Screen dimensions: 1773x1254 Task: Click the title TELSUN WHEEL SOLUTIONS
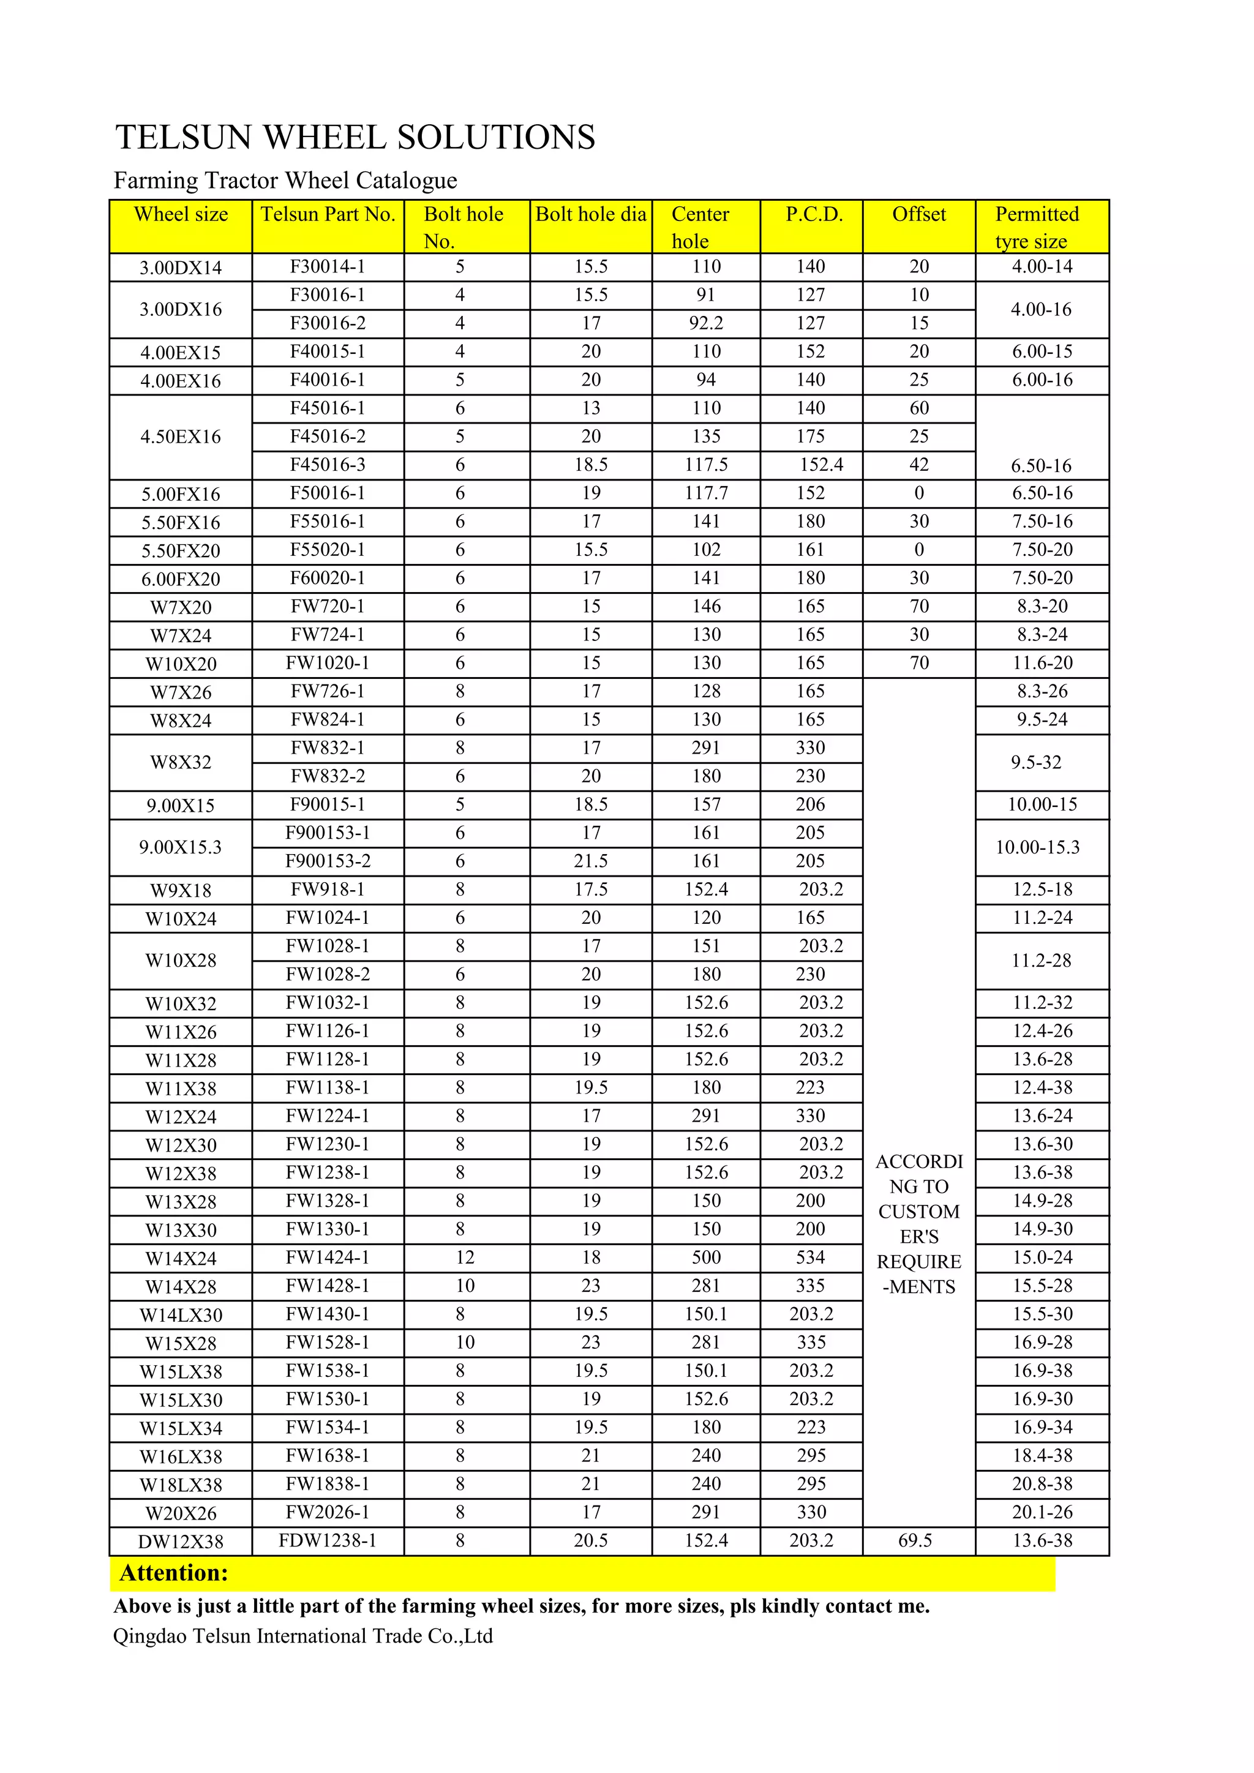click(355, 138)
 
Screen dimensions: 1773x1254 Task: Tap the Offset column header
click(919, 215)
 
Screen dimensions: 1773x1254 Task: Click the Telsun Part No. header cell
click(328, 215)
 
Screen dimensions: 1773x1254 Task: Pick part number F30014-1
click(328, 267)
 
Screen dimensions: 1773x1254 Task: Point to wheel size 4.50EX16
click(181, 437)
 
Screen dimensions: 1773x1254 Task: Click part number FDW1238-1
click(328, 1540)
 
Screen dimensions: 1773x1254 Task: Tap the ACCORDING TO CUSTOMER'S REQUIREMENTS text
click(919, 1224)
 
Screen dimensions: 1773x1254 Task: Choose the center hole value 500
click(706, 1257)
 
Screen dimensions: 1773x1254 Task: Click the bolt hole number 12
click(465, 1257)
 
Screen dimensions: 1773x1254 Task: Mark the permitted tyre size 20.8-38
click(1042, 1483)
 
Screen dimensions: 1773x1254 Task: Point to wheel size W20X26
click(181, 1513)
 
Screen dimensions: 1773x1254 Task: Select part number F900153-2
click(328, 861)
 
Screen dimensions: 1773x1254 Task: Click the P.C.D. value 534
click(811, 1257)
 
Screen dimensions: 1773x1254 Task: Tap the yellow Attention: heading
click(174, 1573)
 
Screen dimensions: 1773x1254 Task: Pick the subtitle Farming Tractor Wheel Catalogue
click(286, 181)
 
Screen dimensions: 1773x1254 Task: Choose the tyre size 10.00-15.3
click(1037, 847)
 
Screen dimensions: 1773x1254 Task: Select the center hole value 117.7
click(706, 493)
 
